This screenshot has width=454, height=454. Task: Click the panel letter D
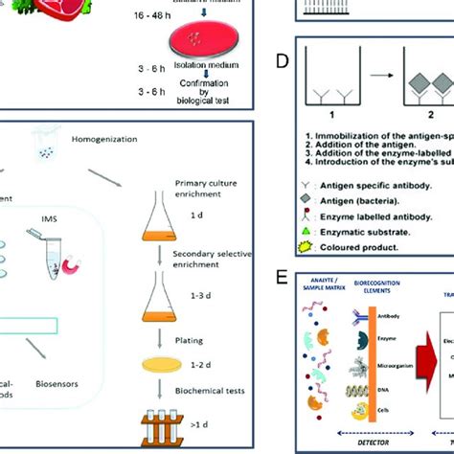[282, 61]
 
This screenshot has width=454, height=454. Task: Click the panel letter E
[282, 278]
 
